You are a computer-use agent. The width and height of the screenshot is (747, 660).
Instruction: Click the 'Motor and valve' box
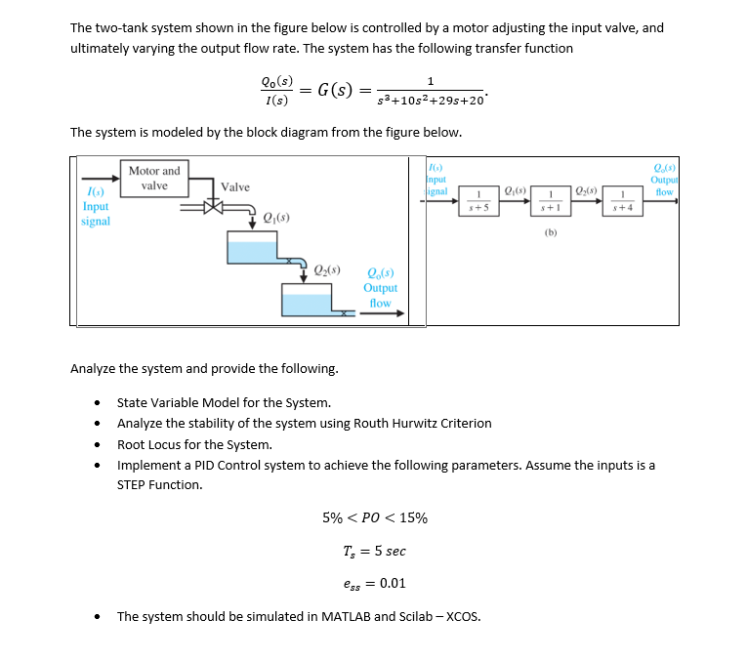[154, 179]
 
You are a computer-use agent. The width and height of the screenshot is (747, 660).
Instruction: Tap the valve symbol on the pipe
[213, 207]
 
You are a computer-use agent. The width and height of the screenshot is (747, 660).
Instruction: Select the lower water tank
[312, 300]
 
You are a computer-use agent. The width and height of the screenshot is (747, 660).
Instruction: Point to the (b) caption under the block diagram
[551, 233]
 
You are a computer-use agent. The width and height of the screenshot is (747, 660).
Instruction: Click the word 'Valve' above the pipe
[235, 186]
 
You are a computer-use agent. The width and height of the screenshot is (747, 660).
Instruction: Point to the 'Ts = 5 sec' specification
[374, 551]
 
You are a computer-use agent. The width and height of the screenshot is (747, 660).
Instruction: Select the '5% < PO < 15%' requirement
[374, 517]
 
